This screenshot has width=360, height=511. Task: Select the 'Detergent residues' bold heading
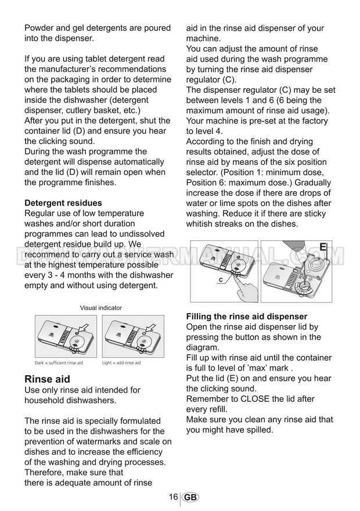63,203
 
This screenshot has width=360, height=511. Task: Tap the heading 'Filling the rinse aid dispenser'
246,316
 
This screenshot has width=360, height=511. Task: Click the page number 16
173,497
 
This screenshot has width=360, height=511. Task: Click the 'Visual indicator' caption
100,308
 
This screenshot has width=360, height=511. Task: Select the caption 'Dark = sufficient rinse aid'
59,363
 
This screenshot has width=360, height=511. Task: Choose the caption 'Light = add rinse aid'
121,363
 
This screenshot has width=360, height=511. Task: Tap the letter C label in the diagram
221,280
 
